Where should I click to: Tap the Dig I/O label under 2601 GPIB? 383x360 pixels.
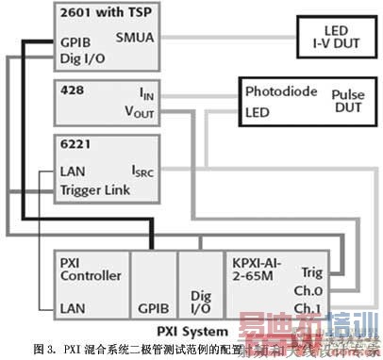82,59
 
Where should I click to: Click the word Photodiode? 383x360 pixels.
280,92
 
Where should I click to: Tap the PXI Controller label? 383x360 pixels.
91,270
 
